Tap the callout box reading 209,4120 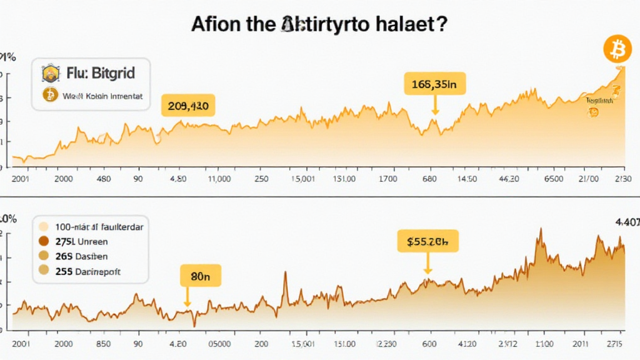[188, 106]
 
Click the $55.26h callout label [427, 241]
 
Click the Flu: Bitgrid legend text [101, 74]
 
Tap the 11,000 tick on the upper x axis [219, 179]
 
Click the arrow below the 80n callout [187, 299]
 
